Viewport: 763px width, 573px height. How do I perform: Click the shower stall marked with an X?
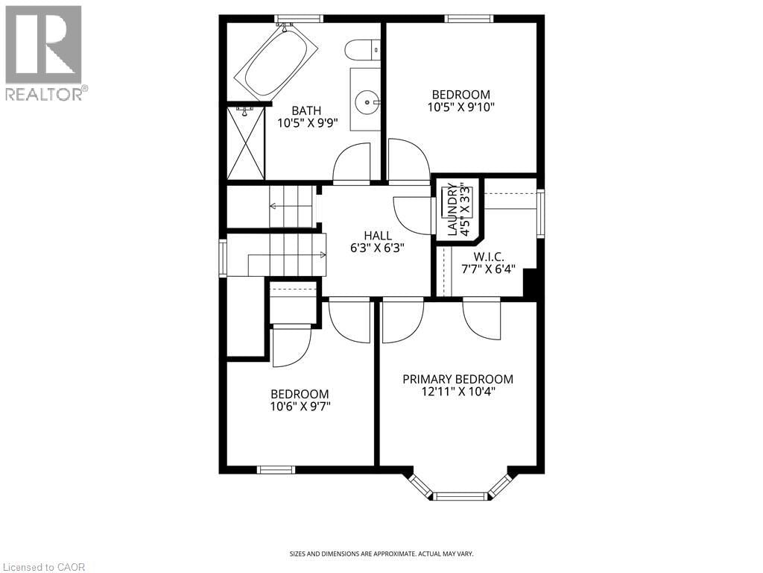click(245, 142)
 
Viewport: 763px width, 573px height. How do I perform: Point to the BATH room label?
click(306, 110)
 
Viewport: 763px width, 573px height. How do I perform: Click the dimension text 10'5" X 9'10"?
click(461, 107)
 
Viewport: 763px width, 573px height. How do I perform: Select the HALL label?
click(378, 236)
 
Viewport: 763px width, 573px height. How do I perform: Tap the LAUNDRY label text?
click(452, 210)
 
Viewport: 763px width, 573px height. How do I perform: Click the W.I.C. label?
click(494, 256)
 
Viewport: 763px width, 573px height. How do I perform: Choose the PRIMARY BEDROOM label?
click(458, 379)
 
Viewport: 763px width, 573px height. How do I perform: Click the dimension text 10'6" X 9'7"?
click(300, 407)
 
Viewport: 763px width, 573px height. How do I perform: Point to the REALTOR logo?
click(44, 53)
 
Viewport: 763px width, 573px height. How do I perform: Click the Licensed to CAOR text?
click(43, 567)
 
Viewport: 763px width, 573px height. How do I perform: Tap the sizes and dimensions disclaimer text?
click(381, 554)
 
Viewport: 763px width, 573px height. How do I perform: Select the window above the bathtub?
click(299, 19)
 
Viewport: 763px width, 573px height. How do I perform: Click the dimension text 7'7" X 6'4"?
click(494, 269)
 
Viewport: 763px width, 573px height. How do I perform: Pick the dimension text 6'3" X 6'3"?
click(378, 248)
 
